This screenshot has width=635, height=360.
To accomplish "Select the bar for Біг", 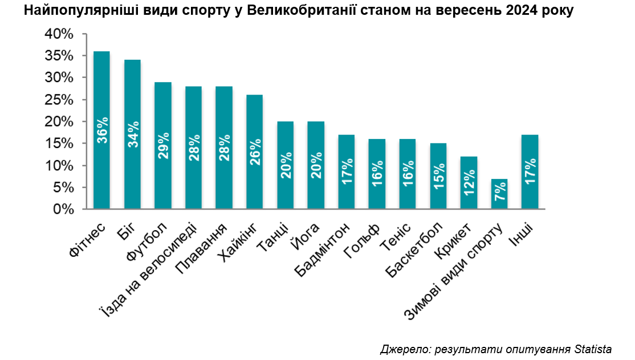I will click(x=132, y=134).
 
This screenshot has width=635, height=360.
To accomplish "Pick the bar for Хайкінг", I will click(x=254, y=152).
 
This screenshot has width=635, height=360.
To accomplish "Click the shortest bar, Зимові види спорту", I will click(x=499, y=194).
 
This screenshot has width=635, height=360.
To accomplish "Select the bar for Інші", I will click(x=530, y=172).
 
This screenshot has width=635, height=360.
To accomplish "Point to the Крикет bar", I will click(x=469, y=183).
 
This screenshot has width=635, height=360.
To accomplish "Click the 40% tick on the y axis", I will click(x=59, y=34).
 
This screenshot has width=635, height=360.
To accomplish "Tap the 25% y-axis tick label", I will click(x=59, y=100).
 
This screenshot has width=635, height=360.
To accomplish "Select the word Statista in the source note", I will click(x=593, y=349).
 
